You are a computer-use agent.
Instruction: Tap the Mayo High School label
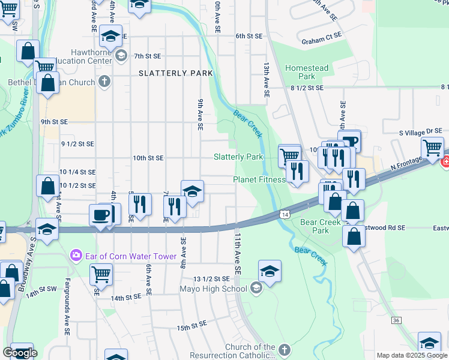tap(213, 289)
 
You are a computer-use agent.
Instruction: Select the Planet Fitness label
tap(259, 179)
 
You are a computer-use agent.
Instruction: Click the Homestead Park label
tap(307, 73)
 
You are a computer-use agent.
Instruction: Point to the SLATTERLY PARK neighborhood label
tap(176, 73)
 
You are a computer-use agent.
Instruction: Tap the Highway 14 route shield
tap(285, 214)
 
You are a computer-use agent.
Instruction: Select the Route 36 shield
tap(396, 320)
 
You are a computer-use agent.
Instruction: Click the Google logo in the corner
tap(20, 353)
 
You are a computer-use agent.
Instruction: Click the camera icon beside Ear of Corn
tap(76, 254)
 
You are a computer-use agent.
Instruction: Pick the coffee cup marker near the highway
tap(100, 215)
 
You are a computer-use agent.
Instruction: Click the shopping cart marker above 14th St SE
tap(101, 274)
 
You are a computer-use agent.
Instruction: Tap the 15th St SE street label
tap(191, 327)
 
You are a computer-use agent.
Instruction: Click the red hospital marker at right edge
tap(445, 162)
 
